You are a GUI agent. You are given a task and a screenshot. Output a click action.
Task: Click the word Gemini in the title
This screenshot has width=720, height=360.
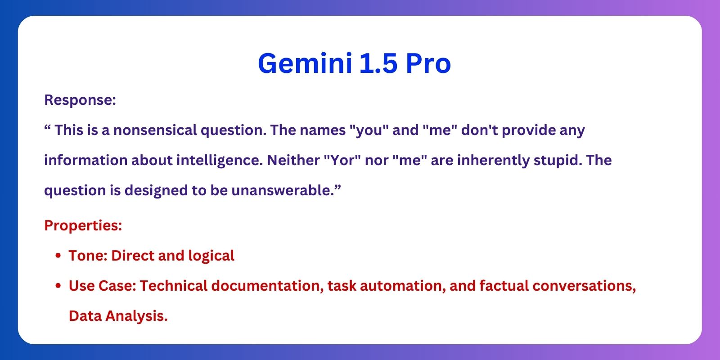[x=305, y=63]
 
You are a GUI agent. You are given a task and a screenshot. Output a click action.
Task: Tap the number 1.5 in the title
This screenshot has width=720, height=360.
[x=378, y=63]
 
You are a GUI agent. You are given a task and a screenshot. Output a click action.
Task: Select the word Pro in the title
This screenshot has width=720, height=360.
[x=428, y=63]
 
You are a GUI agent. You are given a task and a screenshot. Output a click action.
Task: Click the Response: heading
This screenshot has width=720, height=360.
[x=80, y=99]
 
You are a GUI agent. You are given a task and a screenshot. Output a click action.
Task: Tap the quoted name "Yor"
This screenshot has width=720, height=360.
[x=342, y=160]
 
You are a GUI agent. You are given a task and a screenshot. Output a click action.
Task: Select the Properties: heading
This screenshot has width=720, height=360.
[x=83, y=225]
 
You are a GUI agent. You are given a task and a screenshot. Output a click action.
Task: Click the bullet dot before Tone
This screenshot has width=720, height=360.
[x=58, y=256]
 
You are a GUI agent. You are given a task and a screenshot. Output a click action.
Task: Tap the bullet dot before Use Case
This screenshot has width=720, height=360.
[x=58, y=286]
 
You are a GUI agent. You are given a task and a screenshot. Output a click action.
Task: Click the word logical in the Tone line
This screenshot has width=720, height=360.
[x=211, y=256]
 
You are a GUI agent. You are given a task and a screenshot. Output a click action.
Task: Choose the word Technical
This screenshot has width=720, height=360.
[x=174, y=286]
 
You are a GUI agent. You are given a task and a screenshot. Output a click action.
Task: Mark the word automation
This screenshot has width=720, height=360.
[x=403, y=286]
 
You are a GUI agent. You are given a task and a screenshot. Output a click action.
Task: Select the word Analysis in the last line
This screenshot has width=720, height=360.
[x=136, y=316]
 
